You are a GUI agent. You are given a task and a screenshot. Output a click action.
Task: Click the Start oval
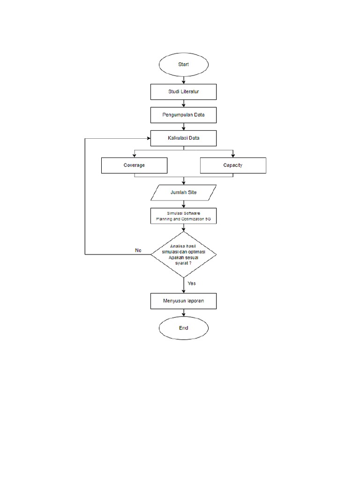[x=183, y=65]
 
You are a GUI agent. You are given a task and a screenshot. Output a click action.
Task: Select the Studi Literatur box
[x=183, y=92]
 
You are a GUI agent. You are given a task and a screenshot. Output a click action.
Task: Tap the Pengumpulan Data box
[x=183, y=115]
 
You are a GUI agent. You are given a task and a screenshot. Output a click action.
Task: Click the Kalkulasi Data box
[x=183, y=138]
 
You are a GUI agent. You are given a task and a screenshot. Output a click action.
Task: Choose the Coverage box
[x=134, y=165]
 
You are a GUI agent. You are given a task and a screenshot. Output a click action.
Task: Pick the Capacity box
[x=233, y=165]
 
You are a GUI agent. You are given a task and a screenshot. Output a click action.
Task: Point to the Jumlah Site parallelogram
[x=183, y=193]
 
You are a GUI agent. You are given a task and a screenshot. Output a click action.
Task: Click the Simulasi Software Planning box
[x=183, y=216]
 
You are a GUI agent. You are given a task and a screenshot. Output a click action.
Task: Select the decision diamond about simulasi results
[x=183, y=255]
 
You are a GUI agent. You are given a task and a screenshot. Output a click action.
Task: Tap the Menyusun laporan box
[x=183, y=301]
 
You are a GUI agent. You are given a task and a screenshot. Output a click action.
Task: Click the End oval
[x=183, y=328]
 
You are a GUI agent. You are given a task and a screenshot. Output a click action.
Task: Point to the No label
[x=138, y=251]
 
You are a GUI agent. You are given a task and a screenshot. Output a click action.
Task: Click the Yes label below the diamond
[x=192, y=283]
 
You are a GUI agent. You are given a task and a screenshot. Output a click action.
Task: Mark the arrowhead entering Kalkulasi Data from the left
[x=148, y=138]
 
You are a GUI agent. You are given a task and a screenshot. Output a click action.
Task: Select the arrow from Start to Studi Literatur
[x=183, y=80]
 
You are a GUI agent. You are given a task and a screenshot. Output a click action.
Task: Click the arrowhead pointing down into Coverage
[x=134, y=156]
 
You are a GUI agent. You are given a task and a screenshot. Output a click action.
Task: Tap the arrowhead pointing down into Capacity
[x=233, y=156]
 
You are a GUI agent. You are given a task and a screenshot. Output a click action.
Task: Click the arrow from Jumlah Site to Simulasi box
[x=183, y=204]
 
